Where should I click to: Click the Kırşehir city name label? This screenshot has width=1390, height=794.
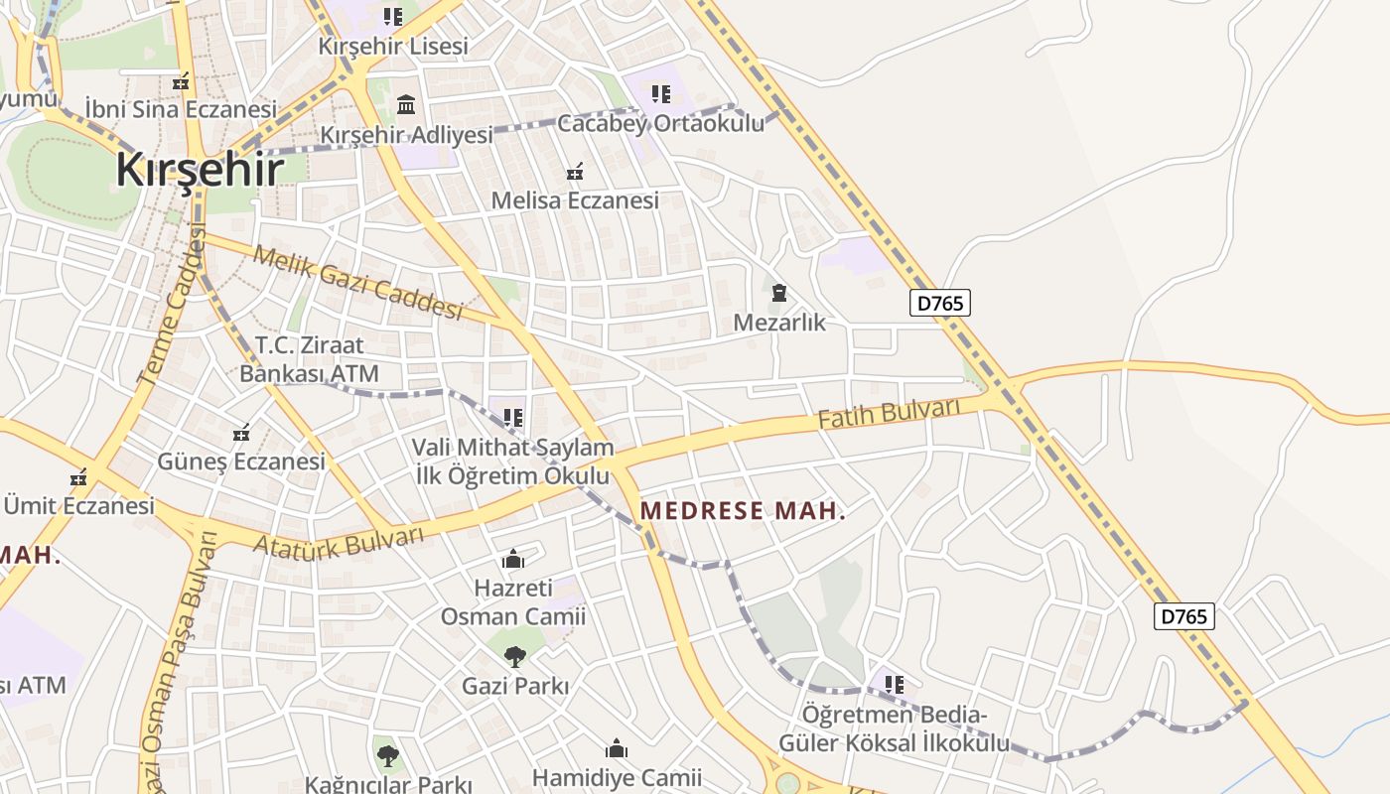click(x=200, y=169)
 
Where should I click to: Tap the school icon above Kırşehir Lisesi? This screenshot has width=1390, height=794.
click(x=393, y=17)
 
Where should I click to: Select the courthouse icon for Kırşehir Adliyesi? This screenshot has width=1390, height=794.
click(x=406, y=104)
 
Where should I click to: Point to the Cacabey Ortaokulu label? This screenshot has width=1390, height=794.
click(x=661, y=124)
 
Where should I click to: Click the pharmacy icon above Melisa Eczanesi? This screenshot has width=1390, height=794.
click(x=574, y=173)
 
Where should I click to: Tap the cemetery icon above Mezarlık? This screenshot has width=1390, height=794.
click(x=779, y=294)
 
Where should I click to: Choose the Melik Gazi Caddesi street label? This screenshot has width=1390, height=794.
click(x=357, y=282)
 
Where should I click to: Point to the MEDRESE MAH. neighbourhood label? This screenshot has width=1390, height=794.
click(x=743, y=511)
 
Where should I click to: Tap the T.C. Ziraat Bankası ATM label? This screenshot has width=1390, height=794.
click(x=309, y=359)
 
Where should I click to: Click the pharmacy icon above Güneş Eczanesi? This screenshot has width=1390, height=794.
click(x=240, y=433)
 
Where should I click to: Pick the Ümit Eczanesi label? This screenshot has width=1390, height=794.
click(x=79, y=505)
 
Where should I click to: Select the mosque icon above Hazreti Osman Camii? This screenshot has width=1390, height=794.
click(x=513, y=560)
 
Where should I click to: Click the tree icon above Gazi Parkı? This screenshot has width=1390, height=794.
click(x=514, y=656)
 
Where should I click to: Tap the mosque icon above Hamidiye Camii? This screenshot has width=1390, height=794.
click(x=617, y=748)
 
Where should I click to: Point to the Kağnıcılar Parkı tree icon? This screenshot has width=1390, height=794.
click(x=387, y=756)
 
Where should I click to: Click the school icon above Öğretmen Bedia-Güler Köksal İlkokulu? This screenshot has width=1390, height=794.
click(x=895, y=685)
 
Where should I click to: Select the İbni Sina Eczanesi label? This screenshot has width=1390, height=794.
click(x=180, y=108)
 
